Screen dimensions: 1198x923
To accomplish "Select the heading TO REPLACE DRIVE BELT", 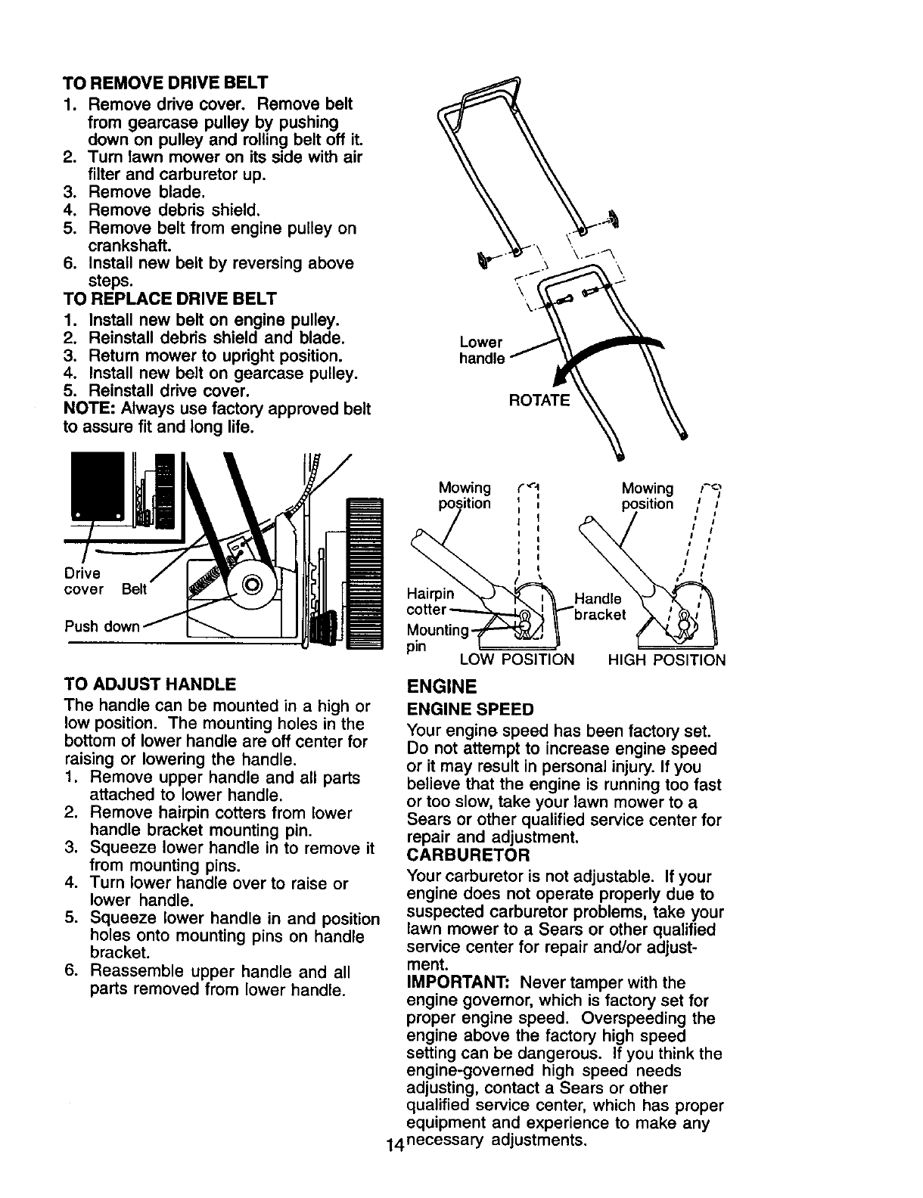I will coord(171,298).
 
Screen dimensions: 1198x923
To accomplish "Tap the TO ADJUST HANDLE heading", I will coord(151,685).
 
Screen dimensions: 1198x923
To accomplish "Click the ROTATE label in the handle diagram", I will coord(539,400).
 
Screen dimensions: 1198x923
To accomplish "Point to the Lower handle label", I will coord(482,350).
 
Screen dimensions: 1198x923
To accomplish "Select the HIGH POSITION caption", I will coord(667,660).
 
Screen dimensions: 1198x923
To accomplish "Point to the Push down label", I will coord(102,627).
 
